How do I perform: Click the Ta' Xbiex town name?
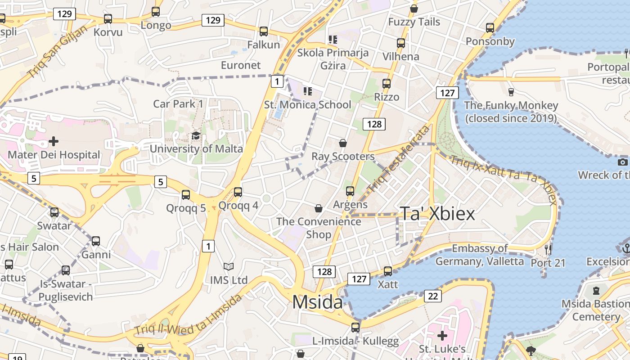coord(437,214)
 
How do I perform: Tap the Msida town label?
coord(317,302)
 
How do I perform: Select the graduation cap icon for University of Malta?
coord(196,136)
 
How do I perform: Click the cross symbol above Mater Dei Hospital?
coord(54,141)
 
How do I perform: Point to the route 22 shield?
coord(432,296)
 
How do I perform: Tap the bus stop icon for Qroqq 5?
coord(185,195)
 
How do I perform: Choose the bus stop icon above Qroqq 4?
coord(238,192)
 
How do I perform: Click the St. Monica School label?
coord(307,105)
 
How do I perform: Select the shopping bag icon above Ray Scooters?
coord(343,143)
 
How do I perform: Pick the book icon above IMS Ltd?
coord(229,267)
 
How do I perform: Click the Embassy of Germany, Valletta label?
coord(480,255)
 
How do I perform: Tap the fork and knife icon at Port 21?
coord(548,249)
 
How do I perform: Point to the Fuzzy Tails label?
coord(414,22)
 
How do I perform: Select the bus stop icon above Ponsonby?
coord(490,28)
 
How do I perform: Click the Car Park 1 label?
coord(178,104)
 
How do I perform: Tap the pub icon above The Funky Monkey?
coord(511,92)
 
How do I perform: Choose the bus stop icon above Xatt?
coord(387,271)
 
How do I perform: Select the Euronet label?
coord(241,65)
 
